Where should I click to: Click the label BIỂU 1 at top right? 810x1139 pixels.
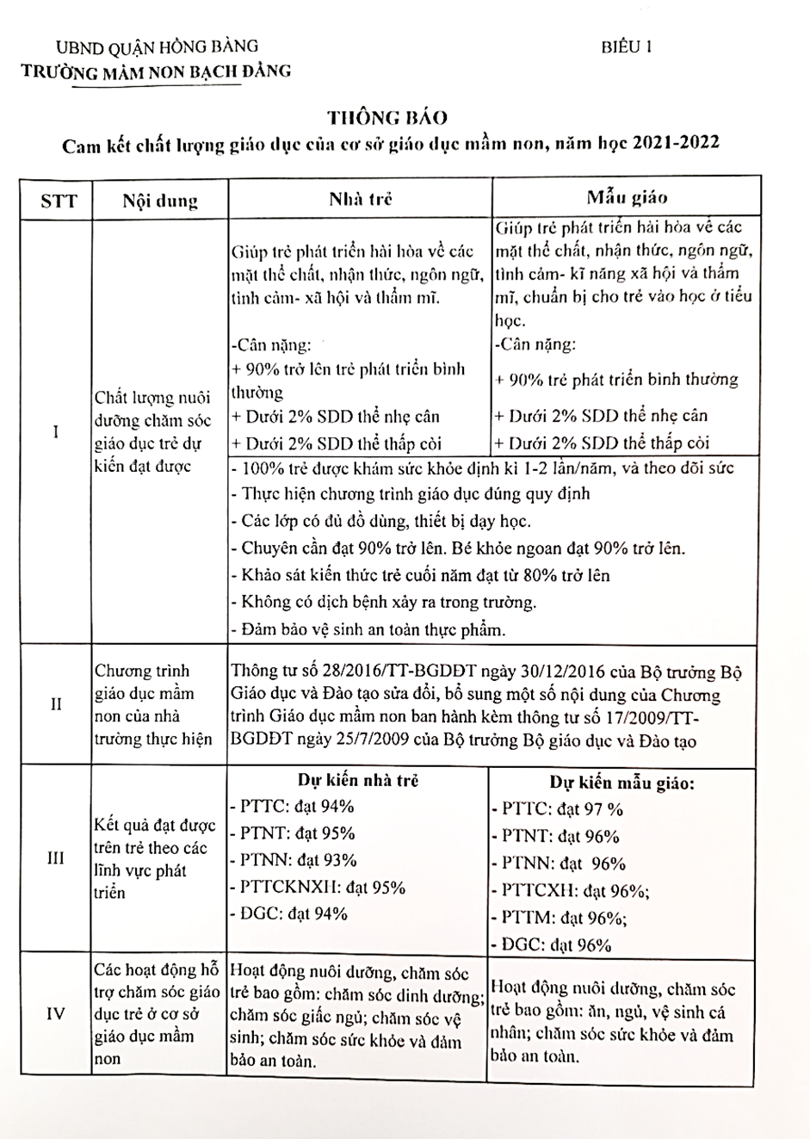click(x=626, y=48)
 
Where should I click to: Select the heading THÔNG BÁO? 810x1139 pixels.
click(x=387, y=118)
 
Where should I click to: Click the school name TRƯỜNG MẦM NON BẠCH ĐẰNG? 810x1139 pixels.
click(x=157, y=71)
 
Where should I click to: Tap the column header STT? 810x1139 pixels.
click(x=59, y=201)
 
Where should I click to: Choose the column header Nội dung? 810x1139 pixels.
click(x=160, y=201)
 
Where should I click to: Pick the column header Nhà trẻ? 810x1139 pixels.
click(x=361, y=199)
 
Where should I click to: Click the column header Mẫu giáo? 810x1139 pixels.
click(x=627, y=198)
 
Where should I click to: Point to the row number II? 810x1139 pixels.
click(x=56, y=704)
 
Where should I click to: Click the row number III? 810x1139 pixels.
click(x=56, y=859)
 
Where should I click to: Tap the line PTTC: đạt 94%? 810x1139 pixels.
click(x=293, y=807)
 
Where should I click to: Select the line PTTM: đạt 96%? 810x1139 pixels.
click(x=559, y=918)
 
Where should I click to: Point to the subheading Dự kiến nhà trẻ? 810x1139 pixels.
click(x=358, y=780)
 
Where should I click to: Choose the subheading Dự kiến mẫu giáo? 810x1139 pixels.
click(x=622, y=783)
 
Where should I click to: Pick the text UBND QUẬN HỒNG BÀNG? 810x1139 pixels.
click(x=157, y=46)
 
